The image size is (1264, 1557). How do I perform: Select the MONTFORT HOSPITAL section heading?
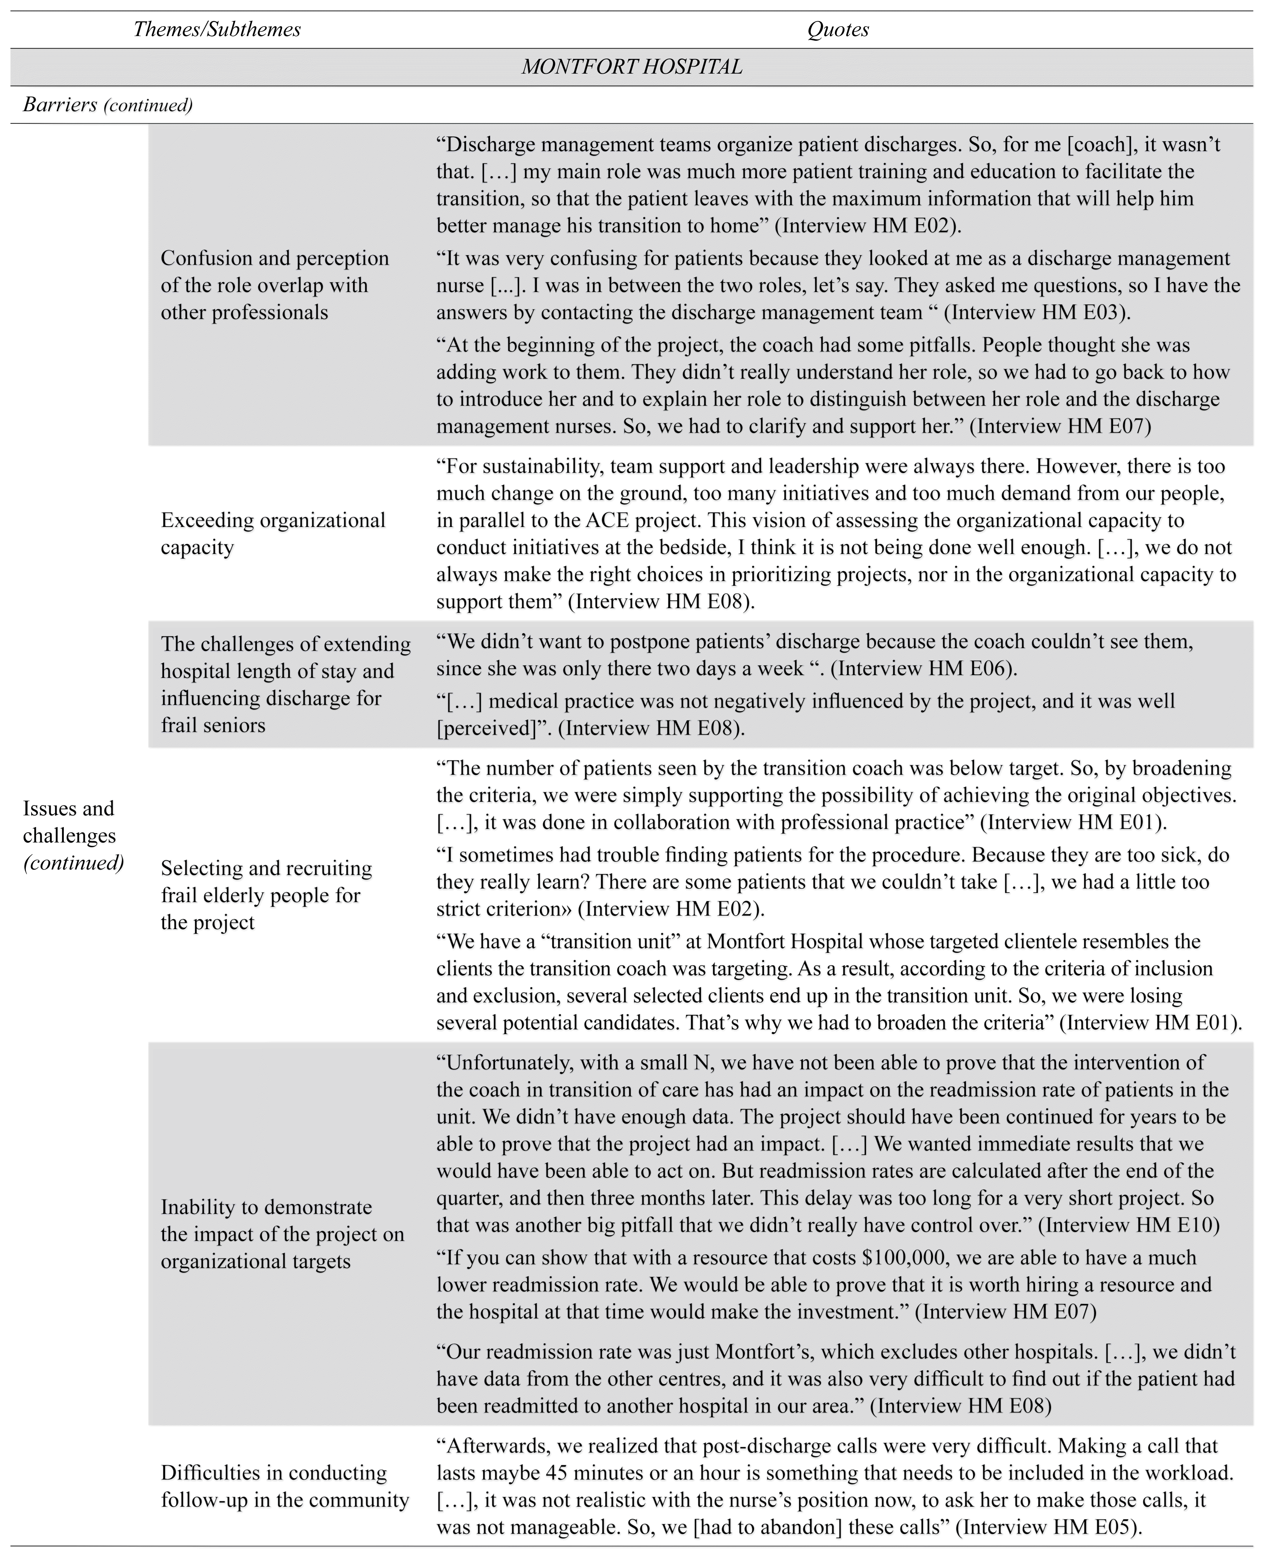pos(632,67)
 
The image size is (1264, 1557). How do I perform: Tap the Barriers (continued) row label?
pos(108,105)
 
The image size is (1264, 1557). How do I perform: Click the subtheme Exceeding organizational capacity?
pos(273,534)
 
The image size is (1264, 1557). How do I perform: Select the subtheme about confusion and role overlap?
pos(275,285)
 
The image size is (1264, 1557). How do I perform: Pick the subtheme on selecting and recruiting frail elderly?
pos(266,895)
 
